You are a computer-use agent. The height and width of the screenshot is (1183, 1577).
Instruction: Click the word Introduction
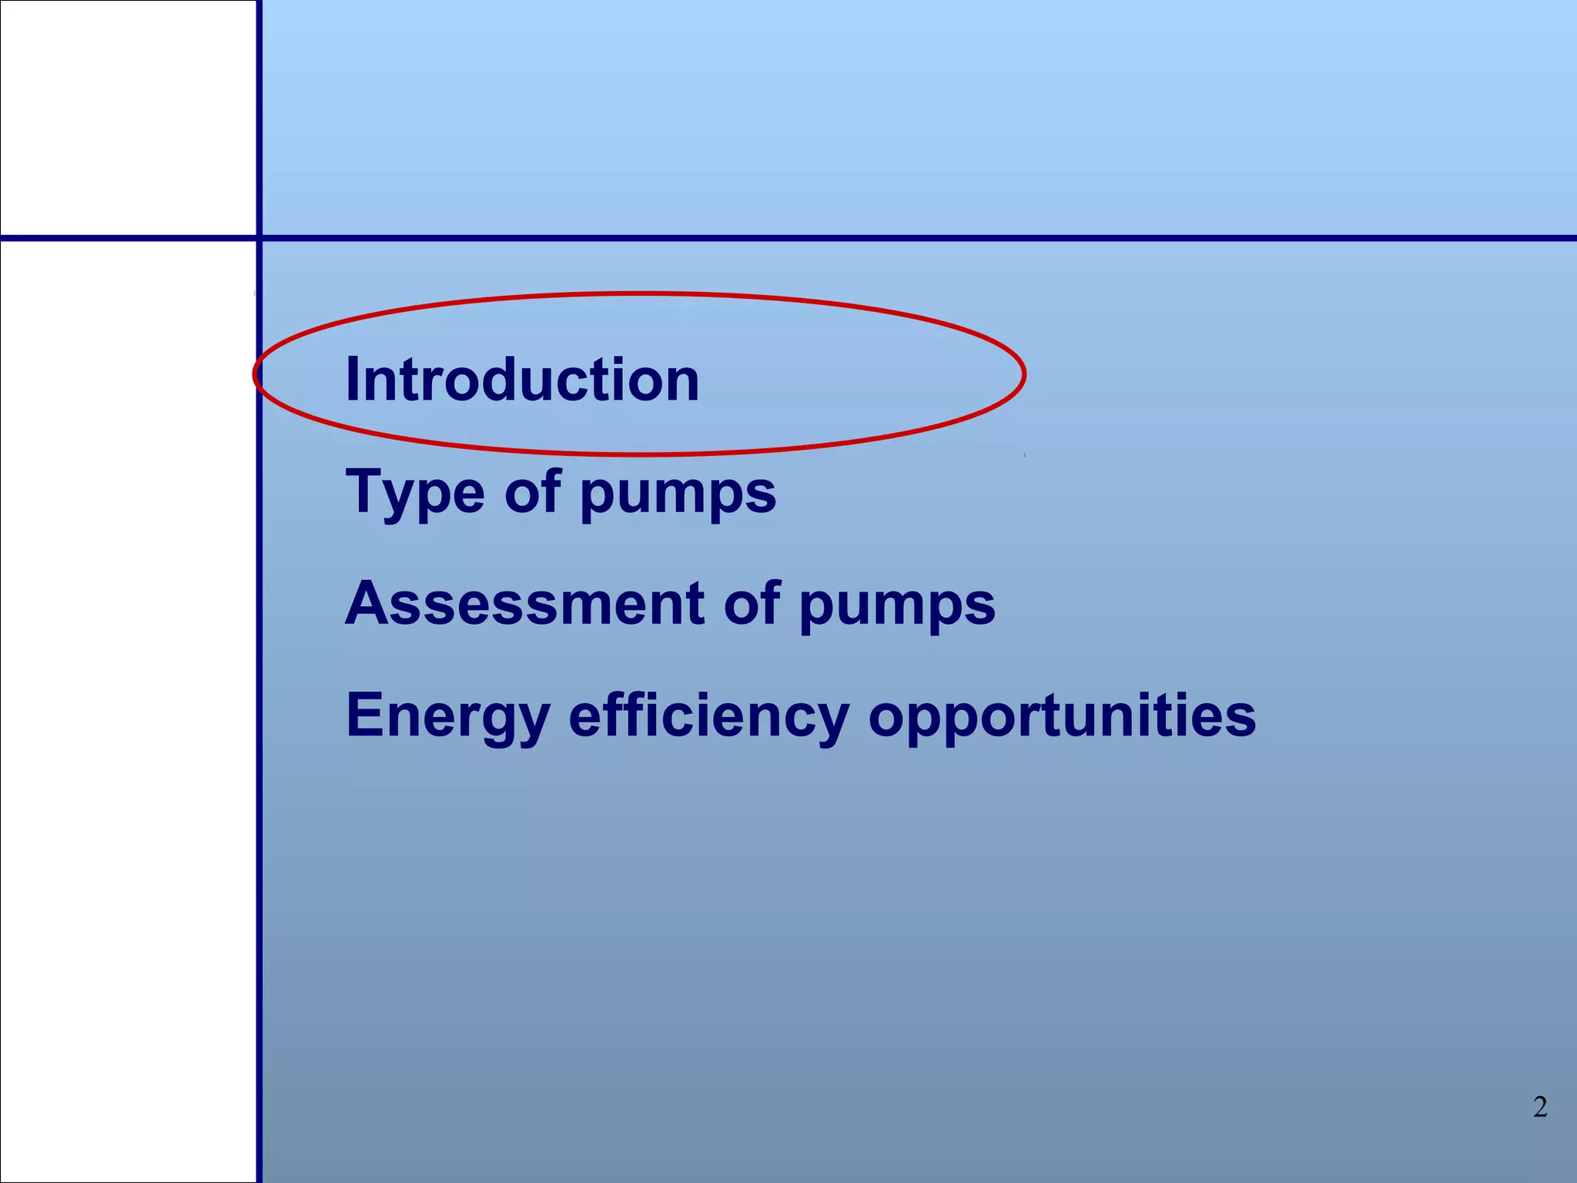point(522,380)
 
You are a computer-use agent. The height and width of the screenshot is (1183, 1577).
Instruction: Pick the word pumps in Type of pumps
point(678,494)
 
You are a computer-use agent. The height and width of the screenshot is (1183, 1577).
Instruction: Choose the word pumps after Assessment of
point(897,607)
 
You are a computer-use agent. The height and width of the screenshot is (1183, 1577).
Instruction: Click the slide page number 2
point(1539,1107)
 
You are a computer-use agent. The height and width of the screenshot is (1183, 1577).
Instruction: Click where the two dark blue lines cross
point(259,238)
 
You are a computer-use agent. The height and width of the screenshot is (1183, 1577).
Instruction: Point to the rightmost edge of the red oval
point(1024,374)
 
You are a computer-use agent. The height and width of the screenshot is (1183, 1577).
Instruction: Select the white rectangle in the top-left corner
point(128,117)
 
